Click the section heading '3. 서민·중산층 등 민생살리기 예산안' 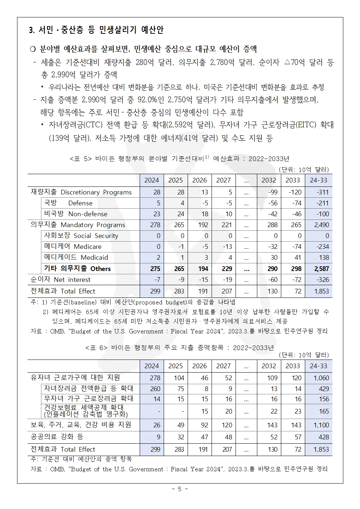click(96, 30)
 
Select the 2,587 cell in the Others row click(320, 269)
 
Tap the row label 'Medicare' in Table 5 click(73, 247)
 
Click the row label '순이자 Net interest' click(61, 280)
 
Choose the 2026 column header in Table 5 click(199, 180)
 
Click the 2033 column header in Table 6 click(293, 366)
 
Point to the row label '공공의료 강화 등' click(57, 436)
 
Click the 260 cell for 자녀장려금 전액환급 click(155, 389)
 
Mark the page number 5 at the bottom click(180, 489)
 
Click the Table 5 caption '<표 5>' click(81, 159)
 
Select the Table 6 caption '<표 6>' click(97, 348)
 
